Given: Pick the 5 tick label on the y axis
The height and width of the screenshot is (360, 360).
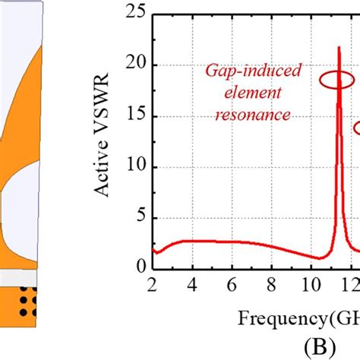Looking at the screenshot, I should pyautogui.click(x=140, y=217).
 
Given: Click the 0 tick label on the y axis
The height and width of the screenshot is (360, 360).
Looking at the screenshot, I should pyautogui.click(x=140, y=267).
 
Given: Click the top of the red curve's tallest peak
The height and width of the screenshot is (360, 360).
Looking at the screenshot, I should pyautogui.click(x=339, y=47).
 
